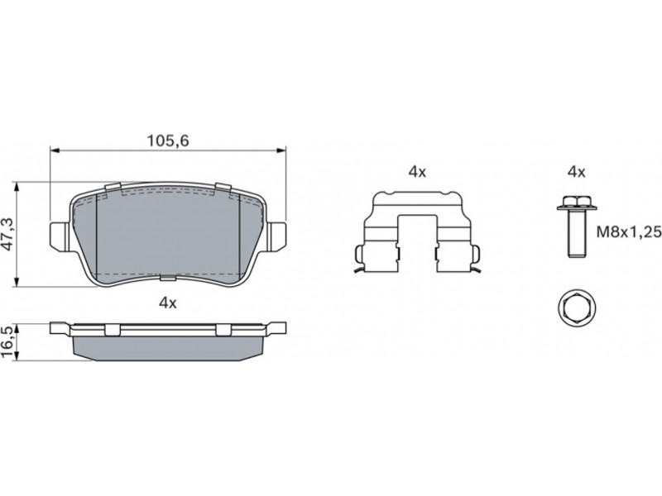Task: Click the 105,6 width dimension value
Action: pyautogui.click(x=168, y=141)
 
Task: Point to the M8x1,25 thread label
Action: pyautogui.click(x=629, y=231)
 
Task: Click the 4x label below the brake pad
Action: pyautogui.click(x=168, y=303)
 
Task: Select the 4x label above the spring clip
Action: pyautogui.click(x=417, y=172)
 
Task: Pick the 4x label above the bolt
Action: pyautogui.click(x=576, y=172)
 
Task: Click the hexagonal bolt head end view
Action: pyautogui.click(x=577, y=308)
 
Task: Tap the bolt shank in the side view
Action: pyautogui.click(x=577, y=233)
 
